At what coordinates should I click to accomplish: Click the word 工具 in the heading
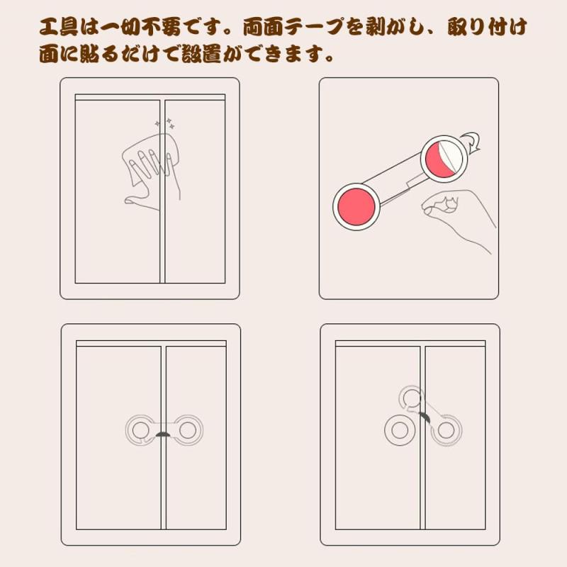pyautogui.click(x=58, y=27)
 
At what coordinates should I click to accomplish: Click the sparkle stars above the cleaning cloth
pyautogui.click(x=165, y=123)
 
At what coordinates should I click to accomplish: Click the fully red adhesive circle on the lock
pyautogui.click(x=357, y=207)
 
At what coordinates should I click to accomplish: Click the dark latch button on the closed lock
pyautogui.click(x=163, y=434)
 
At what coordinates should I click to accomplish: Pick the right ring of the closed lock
pyautogui.click(x=188, y=430)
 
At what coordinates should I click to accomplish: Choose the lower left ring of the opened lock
pyautogui.click(x=400, y=430)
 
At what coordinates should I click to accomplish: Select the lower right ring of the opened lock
pyautogui.click(x=446, y=430)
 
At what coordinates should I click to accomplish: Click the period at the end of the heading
pyautogui.click(x=329, y=59)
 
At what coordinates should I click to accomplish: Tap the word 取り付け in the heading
pyautogui.click(x=487, y=27)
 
